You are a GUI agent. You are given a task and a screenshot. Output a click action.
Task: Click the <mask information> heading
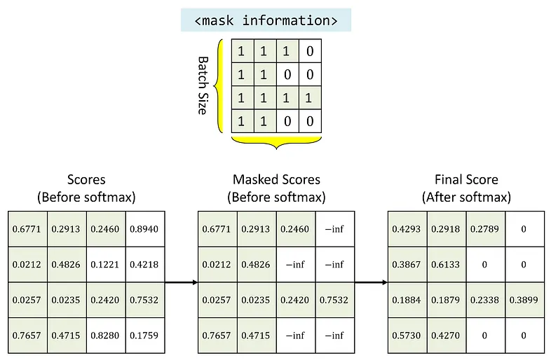[x=266, y=20]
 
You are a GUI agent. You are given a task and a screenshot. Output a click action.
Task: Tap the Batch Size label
[x=203, y=85]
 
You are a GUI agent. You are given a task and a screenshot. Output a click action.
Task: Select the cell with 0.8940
[x=145, y=229]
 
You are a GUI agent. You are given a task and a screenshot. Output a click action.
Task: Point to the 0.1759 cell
[x=145, y=335]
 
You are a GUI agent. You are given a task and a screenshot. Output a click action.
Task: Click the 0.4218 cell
[x=145, y=265]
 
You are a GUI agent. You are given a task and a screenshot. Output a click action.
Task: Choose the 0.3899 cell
[x=524, y=300]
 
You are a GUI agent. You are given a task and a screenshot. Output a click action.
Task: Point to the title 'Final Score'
[x=466, y=180]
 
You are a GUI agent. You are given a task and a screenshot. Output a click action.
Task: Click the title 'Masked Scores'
[x=277, y=180]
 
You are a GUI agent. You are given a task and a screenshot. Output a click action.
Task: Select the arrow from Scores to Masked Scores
[x=182, y=282]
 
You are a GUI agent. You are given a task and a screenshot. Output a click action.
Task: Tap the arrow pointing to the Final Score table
[x=371, y=282]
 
